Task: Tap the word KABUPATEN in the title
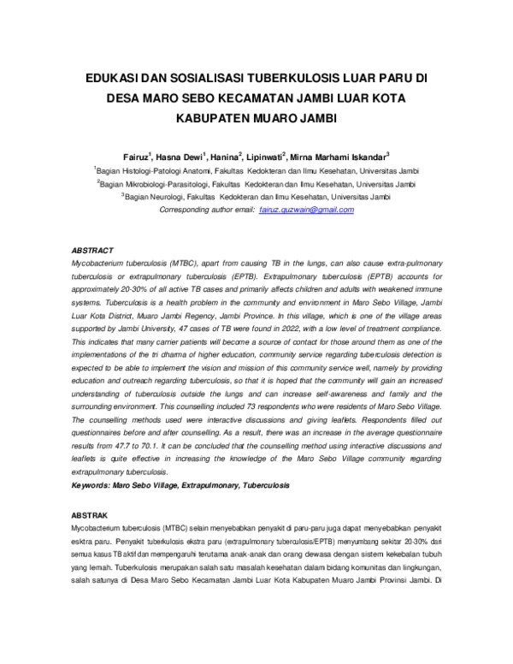pyautogui.click(x=214, y=119)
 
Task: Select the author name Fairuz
pyautogui.click(x=137, y=156)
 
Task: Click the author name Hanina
pyautogui.click(x=225, y=156)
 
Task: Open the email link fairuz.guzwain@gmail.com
pyautogui.click(x=306, y=209)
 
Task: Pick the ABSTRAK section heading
pyautogui.click(x=90, y=516)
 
